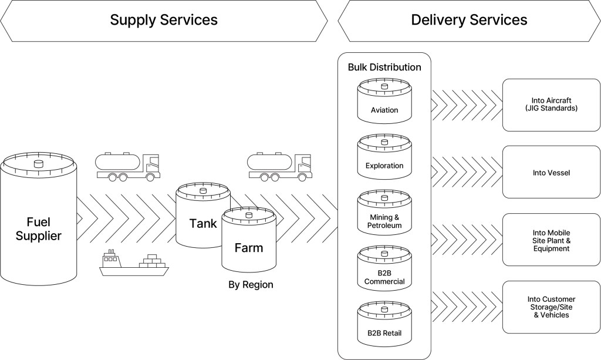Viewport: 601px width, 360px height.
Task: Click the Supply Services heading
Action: coord(164,20)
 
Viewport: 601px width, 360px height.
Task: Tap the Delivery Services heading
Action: coord(469,20)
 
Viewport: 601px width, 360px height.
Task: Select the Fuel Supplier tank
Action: coord(38,219)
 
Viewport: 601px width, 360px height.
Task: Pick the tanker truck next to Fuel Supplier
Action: coord(127,167)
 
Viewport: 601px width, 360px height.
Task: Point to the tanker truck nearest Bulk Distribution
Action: coord(280,167)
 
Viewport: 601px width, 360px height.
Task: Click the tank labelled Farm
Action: coord(249,240)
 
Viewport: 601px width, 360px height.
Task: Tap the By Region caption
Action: coord(251,285)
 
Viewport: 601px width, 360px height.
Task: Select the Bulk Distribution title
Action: coord(384,68)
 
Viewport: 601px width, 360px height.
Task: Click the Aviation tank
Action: coord(384,101)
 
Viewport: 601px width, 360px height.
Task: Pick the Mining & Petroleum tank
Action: coord(384,212)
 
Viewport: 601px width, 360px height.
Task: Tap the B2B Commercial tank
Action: coord(384,268)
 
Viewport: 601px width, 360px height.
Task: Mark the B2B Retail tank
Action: coord(384,324)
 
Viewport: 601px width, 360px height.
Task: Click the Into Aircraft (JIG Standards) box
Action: coord(551,105)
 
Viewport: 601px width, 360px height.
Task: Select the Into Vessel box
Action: coord(551,171)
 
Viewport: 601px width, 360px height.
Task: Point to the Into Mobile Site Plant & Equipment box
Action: coord(551,240)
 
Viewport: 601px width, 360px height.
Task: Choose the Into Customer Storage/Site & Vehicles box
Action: coord(551,307)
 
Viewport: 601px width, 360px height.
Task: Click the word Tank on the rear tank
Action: coord(202,224)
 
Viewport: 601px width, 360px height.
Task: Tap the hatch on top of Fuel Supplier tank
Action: coord(39,164)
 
